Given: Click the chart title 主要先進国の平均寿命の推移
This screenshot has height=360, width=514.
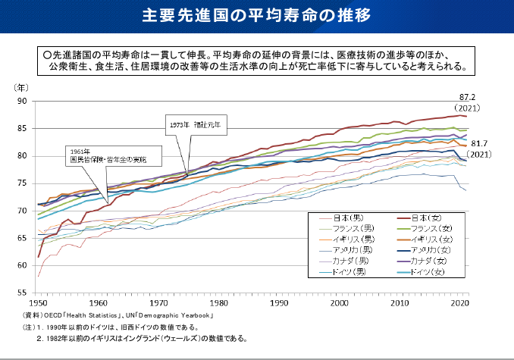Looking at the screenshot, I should pyautogui.click(x=257, y=15).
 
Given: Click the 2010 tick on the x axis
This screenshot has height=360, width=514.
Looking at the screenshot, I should pyautogui.click(x=399, y=303).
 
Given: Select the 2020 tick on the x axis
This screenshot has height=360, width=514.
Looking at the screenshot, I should pyautogui.click(x=458, y=303).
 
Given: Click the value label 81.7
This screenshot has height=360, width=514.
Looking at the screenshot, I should pyautogui.click(x=482, y=143).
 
